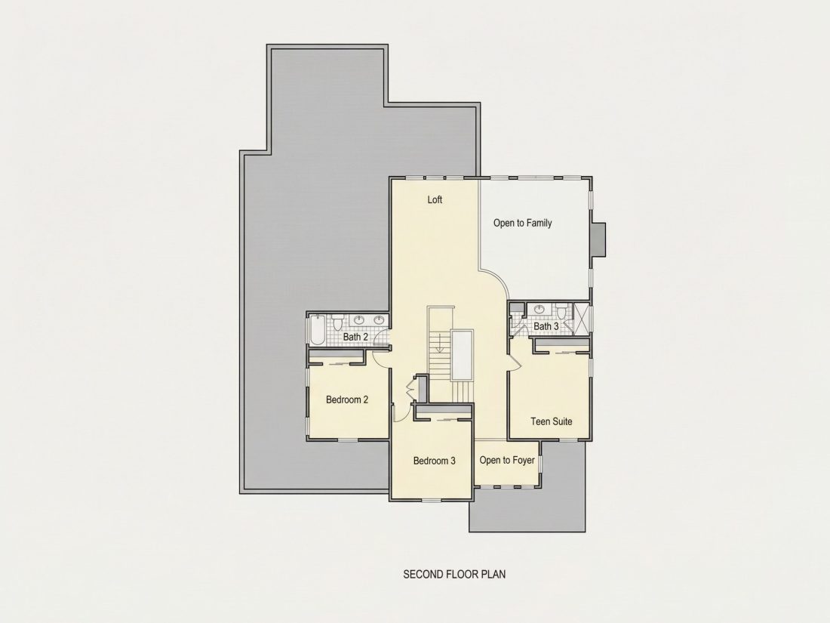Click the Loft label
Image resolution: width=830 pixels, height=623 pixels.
point(435,199)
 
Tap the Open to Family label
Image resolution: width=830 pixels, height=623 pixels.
point(522,223)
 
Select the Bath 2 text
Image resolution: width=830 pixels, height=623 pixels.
point(355,337)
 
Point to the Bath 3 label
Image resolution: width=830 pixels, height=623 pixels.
point(546,326)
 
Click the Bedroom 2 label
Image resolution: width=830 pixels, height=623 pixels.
point(347,399)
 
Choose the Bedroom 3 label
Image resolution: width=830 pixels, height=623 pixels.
point(434,461)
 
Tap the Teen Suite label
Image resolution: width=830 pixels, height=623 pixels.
point(551,421)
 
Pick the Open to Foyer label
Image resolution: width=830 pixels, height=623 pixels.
point(507,460)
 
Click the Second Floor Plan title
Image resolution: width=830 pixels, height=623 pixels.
point(454,574)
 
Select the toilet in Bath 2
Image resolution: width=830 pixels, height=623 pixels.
point(338,320)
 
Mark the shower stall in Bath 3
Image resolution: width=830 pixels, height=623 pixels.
point(581,317)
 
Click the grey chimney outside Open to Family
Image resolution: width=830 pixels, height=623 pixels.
point(598,240)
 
